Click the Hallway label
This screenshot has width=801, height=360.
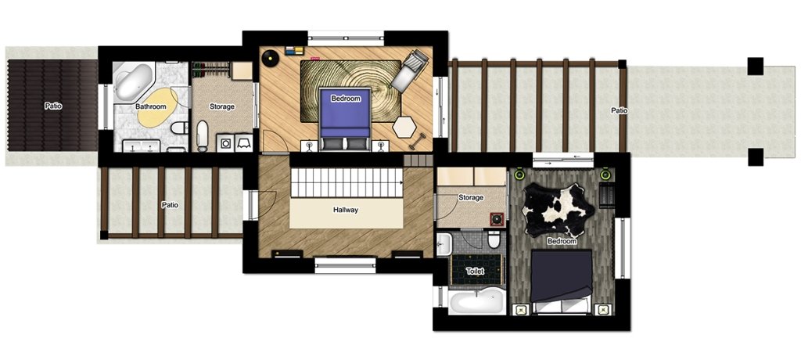(346, 210)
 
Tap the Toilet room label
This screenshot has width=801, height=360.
(475, 272)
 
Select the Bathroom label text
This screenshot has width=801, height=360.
(151, 107)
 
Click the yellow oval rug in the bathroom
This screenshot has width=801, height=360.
(158, 106)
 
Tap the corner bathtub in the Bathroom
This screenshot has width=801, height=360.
(133, 82)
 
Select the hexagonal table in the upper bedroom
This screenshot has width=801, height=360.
(404, 126)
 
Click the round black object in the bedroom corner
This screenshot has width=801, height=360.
(269, 57)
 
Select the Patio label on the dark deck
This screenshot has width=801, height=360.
(53, 106)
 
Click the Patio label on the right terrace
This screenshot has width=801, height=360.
(620, 110)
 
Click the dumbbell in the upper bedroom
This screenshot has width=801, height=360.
(418, 139)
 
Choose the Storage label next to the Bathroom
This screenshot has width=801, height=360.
(222, 107)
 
